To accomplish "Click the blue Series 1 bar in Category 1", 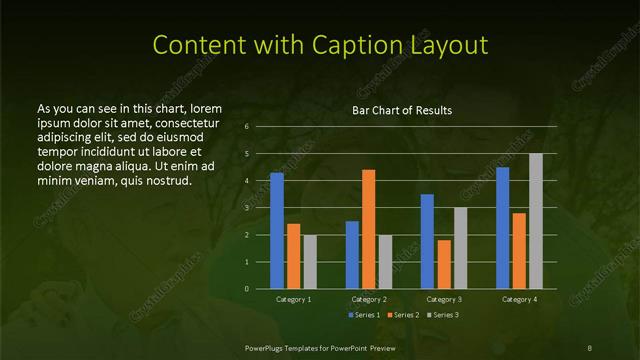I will (277, 231).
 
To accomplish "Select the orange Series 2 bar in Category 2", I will (369, 229).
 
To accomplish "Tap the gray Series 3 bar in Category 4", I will (536, 221).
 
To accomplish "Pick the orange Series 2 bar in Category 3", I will (444, 264).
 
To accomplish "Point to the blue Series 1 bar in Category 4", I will (503, 228).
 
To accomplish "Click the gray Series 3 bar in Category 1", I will (310, 262).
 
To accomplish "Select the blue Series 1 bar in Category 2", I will (352, 255).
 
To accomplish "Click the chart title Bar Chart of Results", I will (401, 110).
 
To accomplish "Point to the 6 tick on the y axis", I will (246, 127).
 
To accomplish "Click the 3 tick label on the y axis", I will (246, 208).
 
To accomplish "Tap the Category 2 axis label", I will (369, 299).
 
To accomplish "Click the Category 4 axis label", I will (519, 299).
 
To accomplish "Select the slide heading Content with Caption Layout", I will (320, 45).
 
